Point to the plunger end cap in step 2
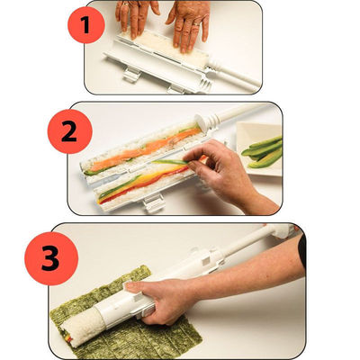coord(194,127)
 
